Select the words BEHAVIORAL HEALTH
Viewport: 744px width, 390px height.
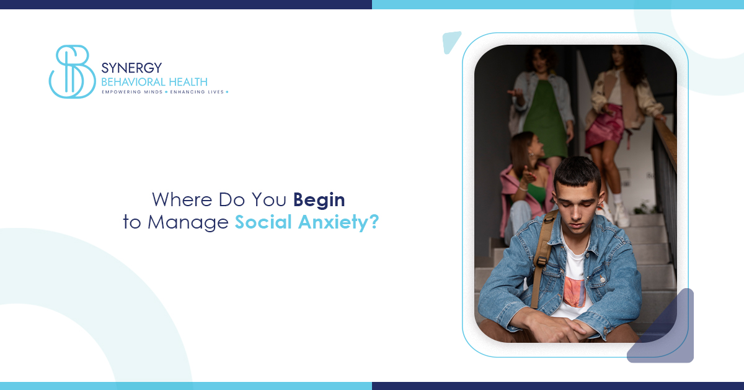[154, 81]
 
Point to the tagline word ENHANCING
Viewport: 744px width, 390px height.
[190, 92]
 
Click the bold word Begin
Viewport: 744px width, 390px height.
[319, 200]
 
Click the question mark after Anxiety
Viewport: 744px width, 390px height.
[373, 222]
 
